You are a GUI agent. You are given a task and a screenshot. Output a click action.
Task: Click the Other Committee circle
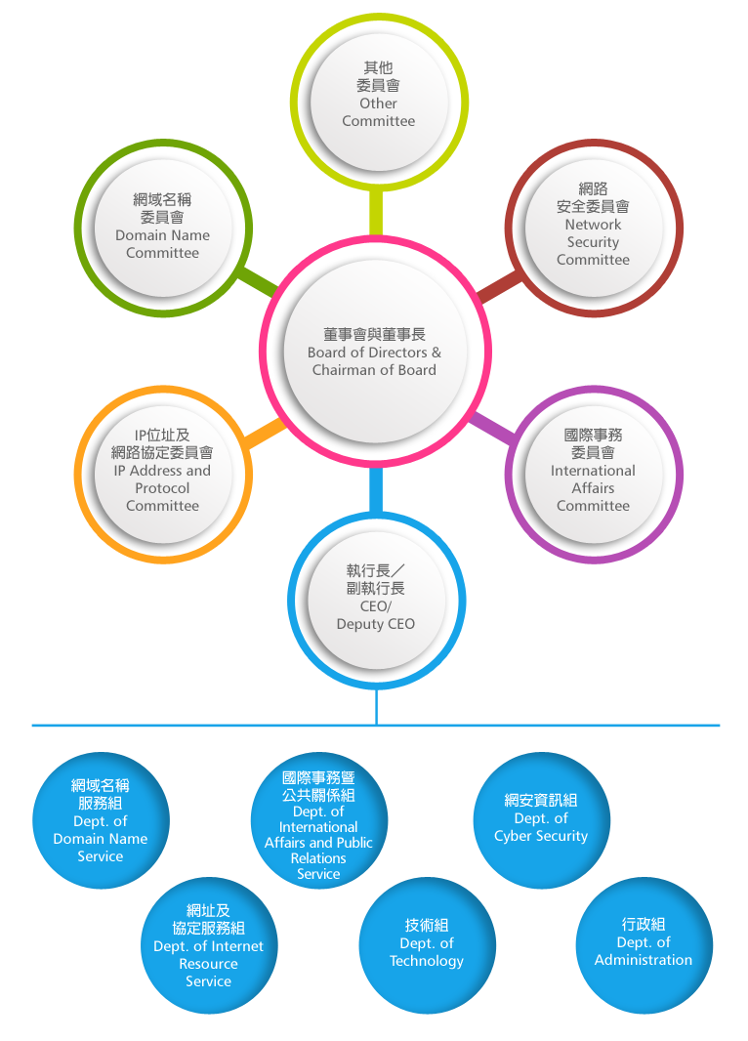378,96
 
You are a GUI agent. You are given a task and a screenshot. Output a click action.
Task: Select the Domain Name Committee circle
162,226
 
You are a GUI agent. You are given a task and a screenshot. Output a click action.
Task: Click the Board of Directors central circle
374,352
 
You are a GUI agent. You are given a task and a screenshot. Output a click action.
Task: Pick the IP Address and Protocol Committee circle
162,471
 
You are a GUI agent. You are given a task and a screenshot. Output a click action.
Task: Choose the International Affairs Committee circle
593,471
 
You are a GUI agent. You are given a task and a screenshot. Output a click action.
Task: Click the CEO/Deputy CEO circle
376,598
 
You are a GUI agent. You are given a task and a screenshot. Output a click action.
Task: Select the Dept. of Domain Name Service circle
101,820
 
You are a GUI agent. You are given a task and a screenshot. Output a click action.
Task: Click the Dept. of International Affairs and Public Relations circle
318,820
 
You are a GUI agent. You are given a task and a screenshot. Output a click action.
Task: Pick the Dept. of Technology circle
427,943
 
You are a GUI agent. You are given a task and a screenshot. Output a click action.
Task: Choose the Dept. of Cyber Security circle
541,818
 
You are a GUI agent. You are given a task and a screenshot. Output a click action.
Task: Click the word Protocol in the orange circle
162,488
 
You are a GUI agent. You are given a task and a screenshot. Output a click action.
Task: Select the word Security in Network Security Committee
593,242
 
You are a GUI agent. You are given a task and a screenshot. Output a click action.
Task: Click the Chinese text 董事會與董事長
374,334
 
